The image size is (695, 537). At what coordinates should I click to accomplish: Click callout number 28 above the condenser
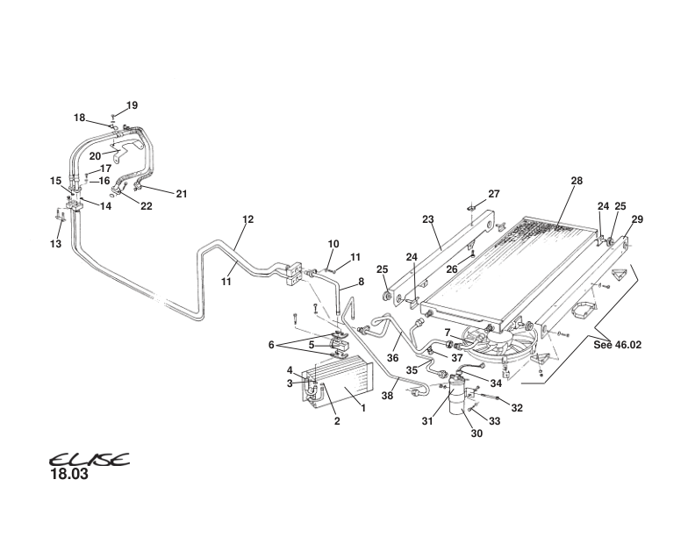[x=577, y=181]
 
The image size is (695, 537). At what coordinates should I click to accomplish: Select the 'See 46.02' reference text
[x=617, y=345]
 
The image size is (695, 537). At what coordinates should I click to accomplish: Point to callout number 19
[x=132, y=105]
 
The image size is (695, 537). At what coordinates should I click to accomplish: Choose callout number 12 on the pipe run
[x=247, y=218]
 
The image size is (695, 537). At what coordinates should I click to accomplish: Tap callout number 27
[x=493, y=194]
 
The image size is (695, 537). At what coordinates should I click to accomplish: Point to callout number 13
[x=56, y=244]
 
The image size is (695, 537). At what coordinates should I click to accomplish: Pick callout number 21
[x=182, y=193]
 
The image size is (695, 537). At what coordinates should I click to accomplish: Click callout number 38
[x=387, y=396]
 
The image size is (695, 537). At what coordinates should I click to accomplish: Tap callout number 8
[x=360, y=283]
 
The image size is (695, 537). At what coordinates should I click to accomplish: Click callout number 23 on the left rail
[x=427, y=220]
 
